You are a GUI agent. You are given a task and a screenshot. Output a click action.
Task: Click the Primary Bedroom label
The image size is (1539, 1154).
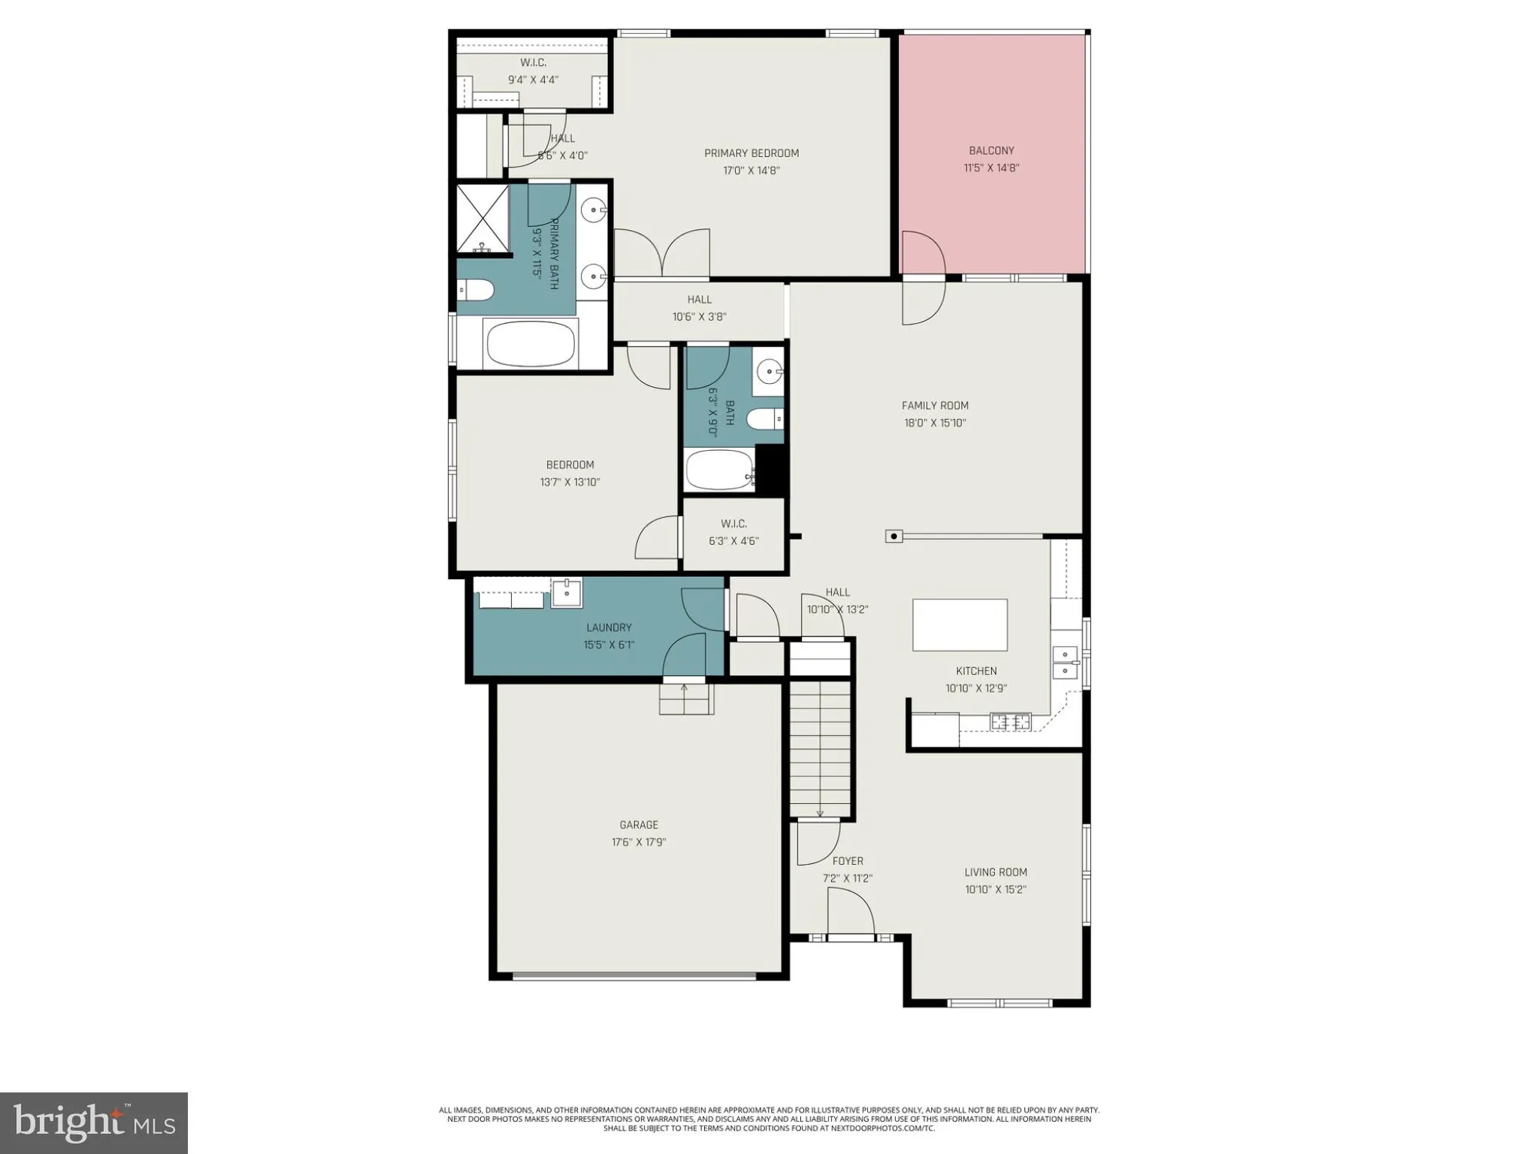coord(751,153)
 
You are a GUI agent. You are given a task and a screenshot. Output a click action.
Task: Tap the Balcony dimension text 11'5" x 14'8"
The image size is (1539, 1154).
coord(991,168)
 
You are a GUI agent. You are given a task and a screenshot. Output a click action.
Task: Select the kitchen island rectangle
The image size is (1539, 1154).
coord(960,625)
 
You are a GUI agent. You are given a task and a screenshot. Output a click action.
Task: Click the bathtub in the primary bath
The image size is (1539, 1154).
coord(531,343)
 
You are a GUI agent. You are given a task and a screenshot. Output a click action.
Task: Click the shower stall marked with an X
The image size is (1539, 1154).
coord(482,218)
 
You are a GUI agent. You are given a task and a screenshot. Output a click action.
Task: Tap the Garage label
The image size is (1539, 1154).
coord(639,825)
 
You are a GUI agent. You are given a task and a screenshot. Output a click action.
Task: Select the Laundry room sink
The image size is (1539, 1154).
coord(566,592)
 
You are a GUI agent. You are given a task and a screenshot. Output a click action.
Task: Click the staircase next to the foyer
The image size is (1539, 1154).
coord(820,750)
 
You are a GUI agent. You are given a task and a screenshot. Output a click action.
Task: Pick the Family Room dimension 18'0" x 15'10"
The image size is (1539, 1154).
coord(934,422)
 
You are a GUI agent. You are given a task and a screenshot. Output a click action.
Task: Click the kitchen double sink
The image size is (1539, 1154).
coord(1065,662)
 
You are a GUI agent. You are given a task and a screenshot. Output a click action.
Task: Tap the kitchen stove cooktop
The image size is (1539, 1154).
coord(1010,722)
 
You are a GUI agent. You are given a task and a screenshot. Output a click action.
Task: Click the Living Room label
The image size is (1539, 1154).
coord(996,872)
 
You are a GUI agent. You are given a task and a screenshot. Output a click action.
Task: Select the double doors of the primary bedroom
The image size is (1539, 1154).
coord(662,254)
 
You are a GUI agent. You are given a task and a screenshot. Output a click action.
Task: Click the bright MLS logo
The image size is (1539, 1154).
coord(94,1122)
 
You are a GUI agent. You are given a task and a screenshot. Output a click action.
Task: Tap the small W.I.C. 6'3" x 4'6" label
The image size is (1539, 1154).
coord(733,532)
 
